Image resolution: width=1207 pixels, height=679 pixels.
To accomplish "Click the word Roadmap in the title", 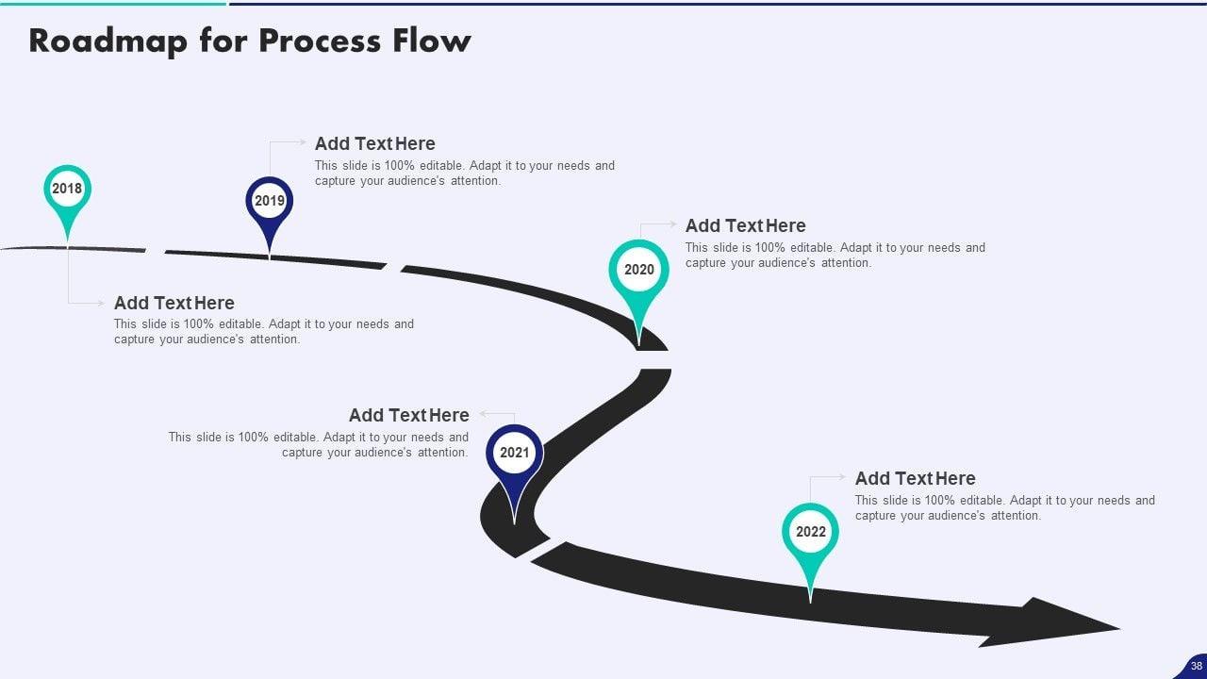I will pyautogui.click(x=107, y=41).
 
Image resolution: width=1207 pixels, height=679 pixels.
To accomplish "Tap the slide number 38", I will pyautogui.click(x=1196, y=666).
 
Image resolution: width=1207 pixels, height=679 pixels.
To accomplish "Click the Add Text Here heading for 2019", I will pyautogui.click(x=374, y=143).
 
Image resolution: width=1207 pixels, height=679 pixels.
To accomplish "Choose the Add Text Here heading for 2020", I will pyautogui.click(x=745, y=225).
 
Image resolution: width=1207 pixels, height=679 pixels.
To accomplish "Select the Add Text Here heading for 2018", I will pyautogui.click(x=174, y=303).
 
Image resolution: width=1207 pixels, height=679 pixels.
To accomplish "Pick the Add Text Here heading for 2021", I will pyautogui.click(x=408, y=415).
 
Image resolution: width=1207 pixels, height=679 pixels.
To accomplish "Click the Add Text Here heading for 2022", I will pyautogui.click(x=915, y=478).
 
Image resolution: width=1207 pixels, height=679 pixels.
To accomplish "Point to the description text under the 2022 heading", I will pyautogui.click(x=1004, y=508).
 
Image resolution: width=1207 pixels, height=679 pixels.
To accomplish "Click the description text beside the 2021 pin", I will pyautogui.click(x=319, y=444).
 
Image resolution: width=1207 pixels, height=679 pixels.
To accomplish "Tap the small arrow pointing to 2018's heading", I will pyautogui.click(x=99, y=303).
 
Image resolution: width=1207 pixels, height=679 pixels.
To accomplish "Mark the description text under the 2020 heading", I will pyautogui.click(x=835, y=256).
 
